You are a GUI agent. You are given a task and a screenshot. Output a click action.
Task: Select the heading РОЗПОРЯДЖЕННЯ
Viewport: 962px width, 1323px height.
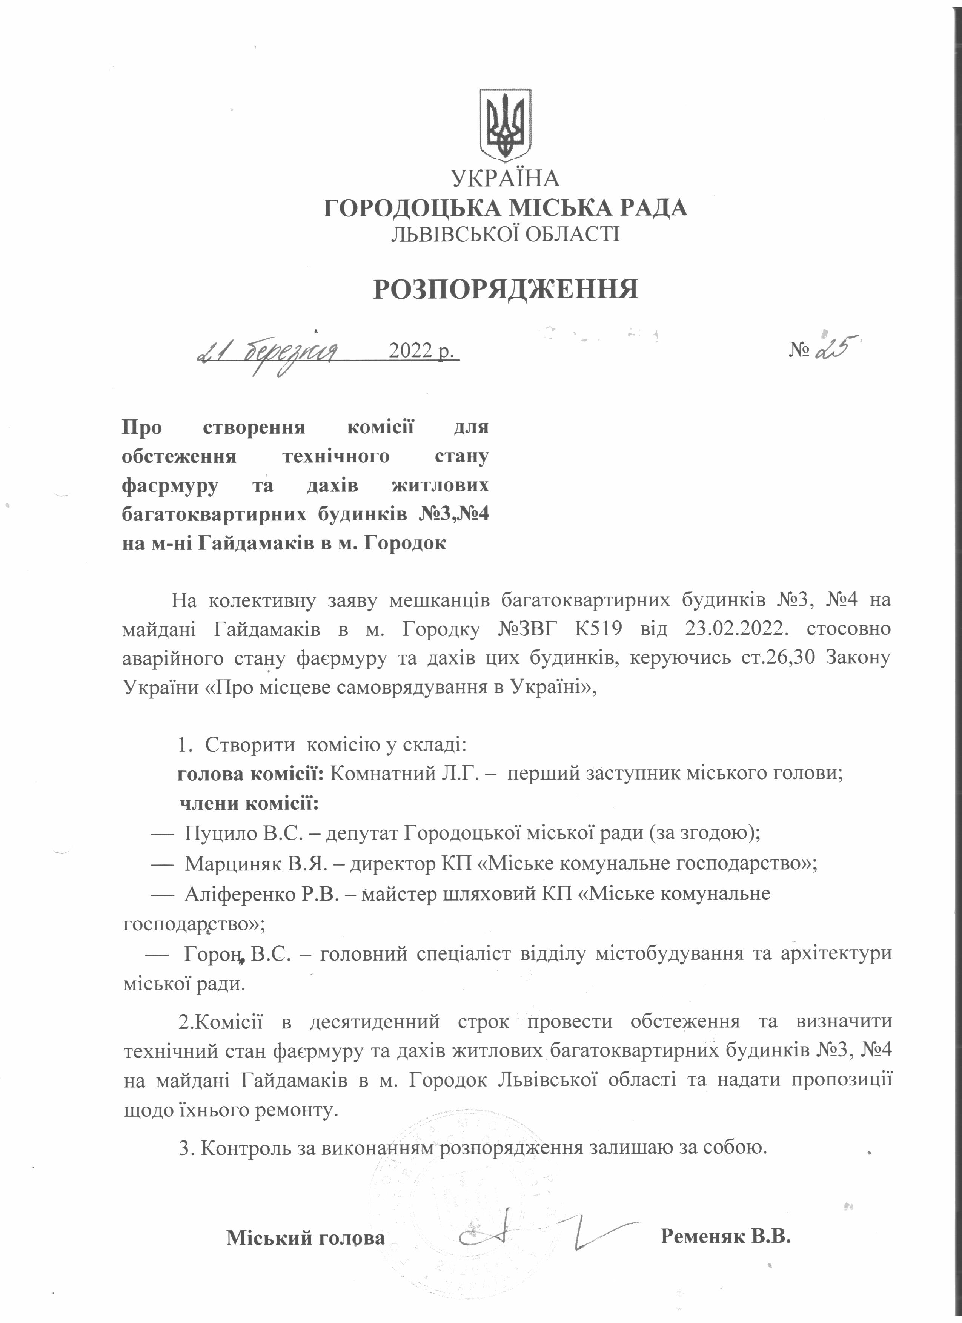click(x=506, y=289)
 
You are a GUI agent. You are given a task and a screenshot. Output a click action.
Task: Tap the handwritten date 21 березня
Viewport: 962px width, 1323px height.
click(x=269, y=352)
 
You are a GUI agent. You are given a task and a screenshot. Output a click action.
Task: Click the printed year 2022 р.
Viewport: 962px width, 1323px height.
click(x=421, y=351)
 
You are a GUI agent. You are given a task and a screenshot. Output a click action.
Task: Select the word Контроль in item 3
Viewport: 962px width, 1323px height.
click(x=239, y=1147)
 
